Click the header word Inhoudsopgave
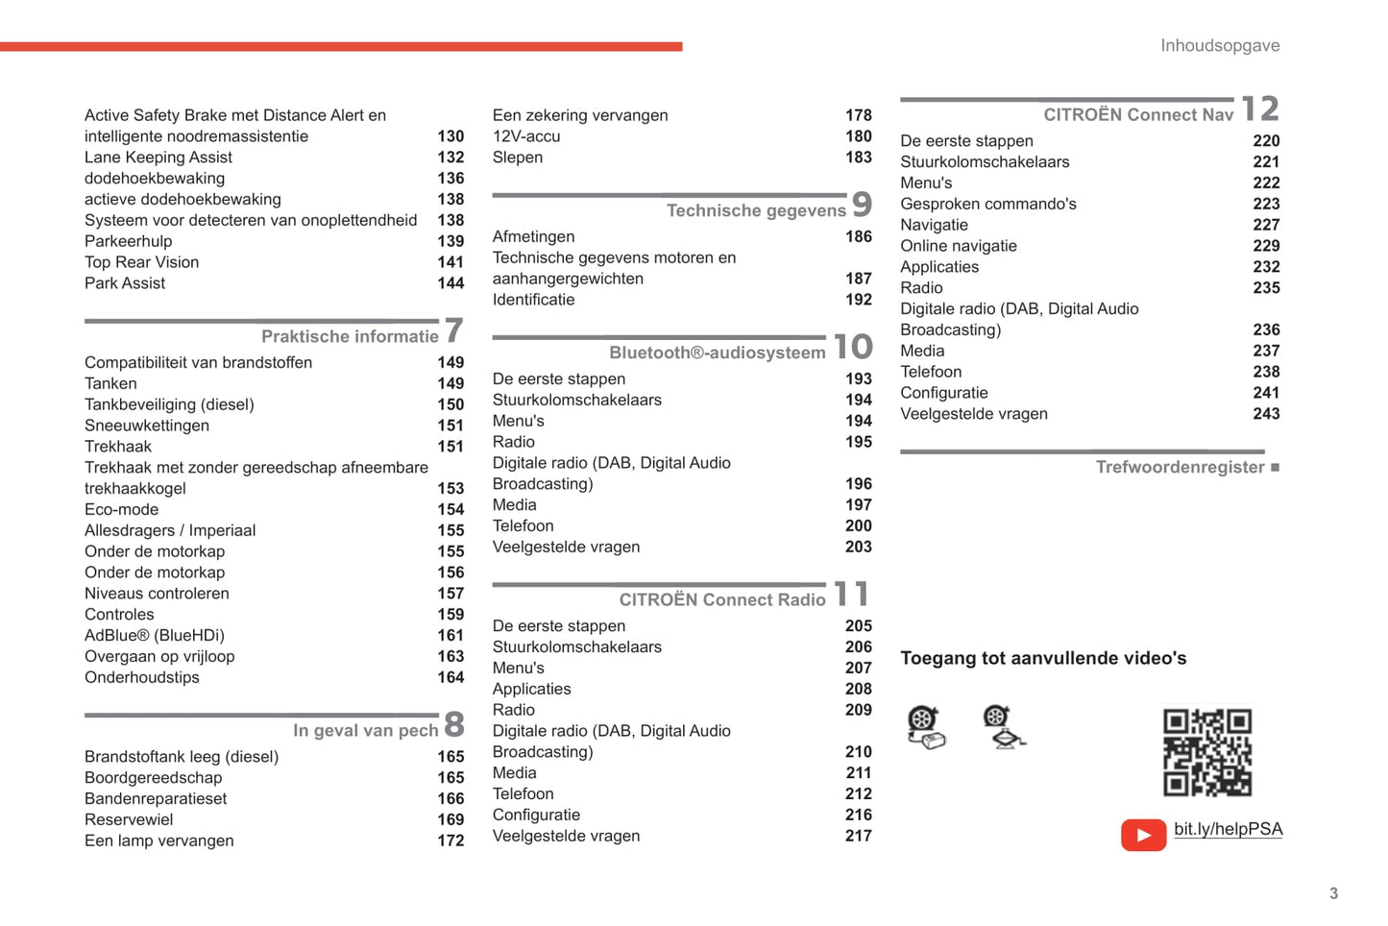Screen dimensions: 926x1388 [1219, 45]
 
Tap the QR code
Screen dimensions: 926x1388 [1206, 752]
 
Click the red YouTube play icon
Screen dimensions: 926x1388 [1143, 835]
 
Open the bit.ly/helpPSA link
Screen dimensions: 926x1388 [1228, 829]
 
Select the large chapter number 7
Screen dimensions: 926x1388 [453, 331]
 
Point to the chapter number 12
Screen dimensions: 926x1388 [1260, 110]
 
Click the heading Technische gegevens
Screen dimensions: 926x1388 [756, 210]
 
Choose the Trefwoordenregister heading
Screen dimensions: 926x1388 [1180, 467]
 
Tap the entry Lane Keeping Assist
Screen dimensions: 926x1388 [158, 158]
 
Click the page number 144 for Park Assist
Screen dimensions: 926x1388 [450, 283]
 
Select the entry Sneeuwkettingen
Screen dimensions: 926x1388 [147, 426]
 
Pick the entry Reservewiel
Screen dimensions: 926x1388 [129, 819]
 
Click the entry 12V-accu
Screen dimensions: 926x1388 [526, 136]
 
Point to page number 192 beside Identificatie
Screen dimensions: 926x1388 [859, 300]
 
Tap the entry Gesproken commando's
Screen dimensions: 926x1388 [987, 204]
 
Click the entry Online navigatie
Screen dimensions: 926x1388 [958, 246]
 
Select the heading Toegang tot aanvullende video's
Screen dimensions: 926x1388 [1043, 658]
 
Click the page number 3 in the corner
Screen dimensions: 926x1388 [1333, 893]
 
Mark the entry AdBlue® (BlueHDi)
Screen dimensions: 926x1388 [155, 635]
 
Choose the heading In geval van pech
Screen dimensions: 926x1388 [365, 730]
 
